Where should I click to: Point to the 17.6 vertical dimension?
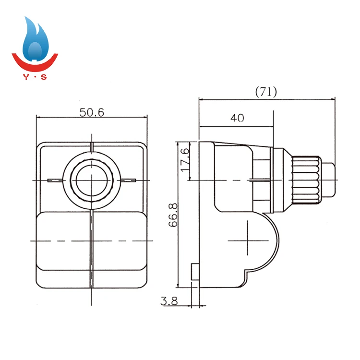tap(186, 157)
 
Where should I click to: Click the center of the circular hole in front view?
tap(91, 180)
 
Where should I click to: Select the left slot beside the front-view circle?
tap(56, 180)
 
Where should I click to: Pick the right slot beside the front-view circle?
tap(127, 180)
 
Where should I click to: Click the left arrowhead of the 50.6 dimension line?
tap(38, 117)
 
